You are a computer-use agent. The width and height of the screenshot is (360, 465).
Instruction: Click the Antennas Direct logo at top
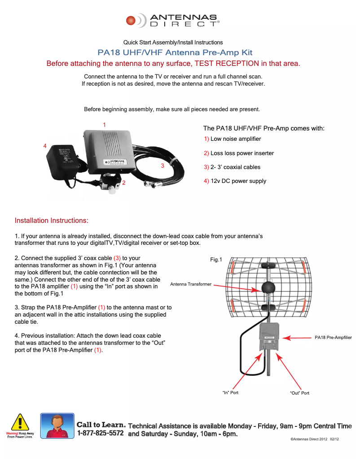(173, 21)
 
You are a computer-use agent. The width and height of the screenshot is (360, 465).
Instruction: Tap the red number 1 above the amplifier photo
(105, 124)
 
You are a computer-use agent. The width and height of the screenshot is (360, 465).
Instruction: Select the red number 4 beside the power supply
(45, 146)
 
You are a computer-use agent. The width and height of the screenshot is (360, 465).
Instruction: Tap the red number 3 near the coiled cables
(162, 165)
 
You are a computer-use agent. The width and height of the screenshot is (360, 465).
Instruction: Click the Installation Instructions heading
(52, 221)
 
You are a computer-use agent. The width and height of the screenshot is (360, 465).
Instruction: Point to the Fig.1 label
(216, 259)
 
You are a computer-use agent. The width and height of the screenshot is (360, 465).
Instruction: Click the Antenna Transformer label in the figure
(191, 284)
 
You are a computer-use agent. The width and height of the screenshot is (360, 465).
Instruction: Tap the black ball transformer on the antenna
(268, 288)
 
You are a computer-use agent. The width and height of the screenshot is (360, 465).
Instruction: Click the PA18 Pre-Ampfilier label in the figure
(333, 337)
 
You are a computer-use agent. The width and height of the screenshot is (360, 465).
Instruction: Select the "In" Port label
(230, 393)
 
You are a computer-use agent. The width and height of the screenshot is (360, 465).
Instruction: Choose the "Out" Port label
(299, 393)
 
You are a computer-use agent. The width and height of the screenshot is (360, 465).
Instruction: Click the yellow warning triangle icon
(20, 422)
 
